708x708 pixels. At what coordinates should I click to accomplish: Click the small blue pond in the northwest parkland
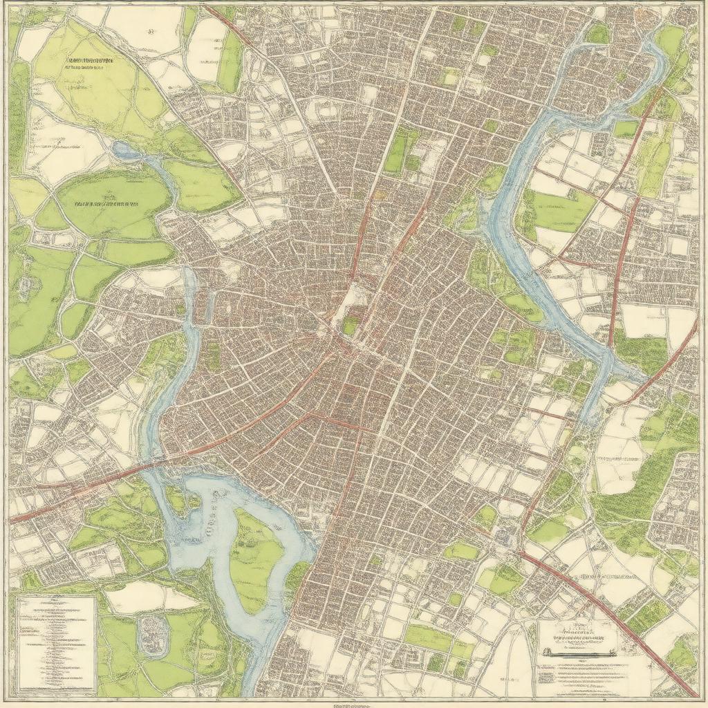click(x=124, y=149)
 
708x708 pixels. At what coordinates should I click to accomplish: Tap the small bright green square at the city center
click(x=351, y=325)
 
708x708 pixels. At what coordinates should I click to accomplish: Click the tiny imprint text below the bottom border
click(x=354, y=705)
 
